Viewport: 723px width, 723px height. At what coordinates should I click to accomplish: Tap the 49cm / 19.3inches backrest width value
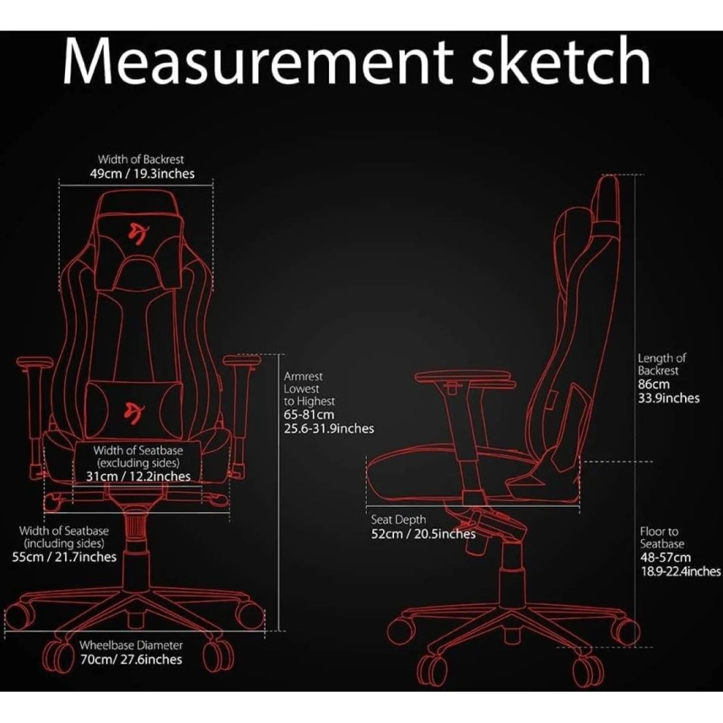click(142, 174)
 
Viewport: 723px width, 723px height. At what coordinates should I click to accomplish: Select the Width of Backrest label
click(140, 159)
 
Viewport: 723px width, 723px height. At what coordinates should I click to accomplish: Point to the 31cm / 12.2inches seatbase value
click(138, 476)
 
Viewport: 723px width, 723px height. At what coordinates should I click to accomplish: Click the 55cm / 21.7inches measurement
click(64, 557)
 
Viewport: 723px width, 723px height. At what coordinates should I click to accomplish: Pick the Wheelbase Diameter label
click(131, 645)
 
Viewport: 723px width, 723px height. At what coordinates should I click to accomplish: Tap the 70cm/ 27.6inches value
click(132, 659)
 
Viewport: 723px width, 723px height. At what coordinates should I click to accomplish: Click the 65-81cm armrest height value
click(309, 414)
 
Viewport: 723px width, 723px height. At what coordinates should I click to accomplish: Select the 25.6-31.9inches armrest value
click(329, 429)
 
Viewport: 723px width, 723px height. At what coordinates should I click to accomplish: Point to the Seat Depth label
click(398, 520)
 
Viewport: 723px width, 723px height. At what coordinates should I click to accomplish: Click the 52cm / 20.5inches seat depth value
click(423, 534)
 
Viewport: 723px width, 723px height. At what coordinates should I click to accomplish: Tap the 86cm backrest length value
click(653, 384)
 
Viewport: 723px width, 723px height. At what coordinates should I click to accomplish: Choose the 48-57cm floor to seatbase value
click(665, 557)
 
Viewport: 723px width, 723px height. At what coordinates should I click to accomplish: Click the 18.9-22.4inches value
click(680, 571)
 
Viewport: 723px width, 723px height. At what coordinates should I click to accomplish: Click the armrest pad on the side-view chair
click(466, 376)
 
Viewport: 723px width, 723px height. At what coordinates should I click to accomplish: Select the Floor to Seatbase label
click(662, 537)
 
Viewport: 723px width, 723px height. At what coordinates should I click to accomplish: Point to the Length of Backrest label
click(662, 364)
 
